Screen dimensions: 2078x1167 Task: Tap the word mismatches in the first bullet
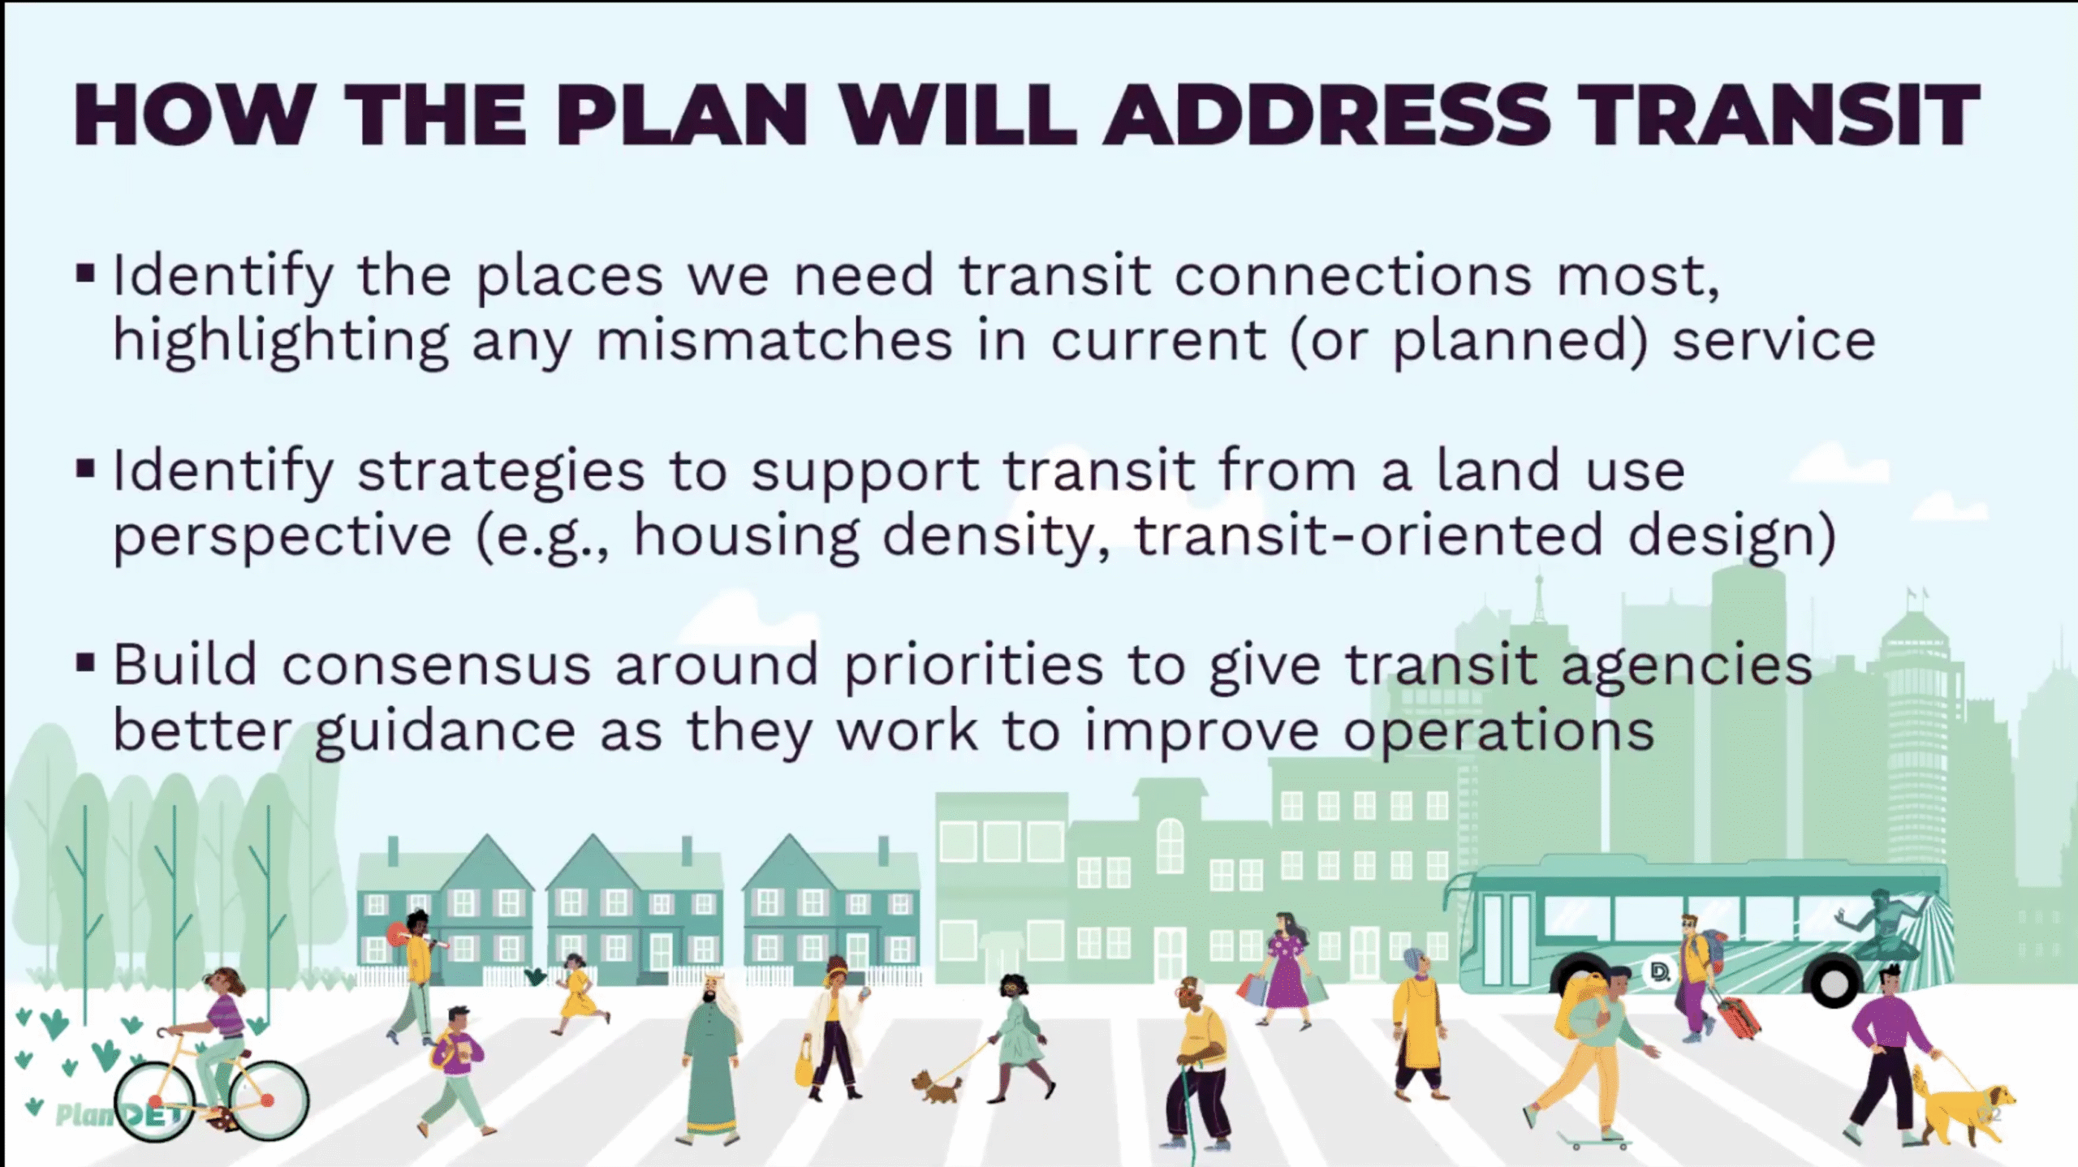pos(774,340)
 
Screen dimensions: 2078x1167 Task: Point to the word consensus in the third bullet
pos(436,666)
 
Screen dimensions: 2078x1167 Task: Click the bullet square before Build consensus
pos(85,663)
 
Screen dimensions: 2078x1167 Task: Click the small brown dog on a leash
pos(938,1087)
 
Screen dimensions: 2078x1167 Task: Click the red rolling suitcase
pos(1737,1018)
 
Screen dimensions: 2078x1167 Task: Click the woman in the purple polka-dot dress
pos(1287,971)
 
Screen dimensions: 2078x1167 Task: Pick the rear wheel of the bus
pos(1832,983)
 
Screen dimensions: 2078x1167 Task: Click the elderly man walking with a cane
pos(1197,1064)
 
